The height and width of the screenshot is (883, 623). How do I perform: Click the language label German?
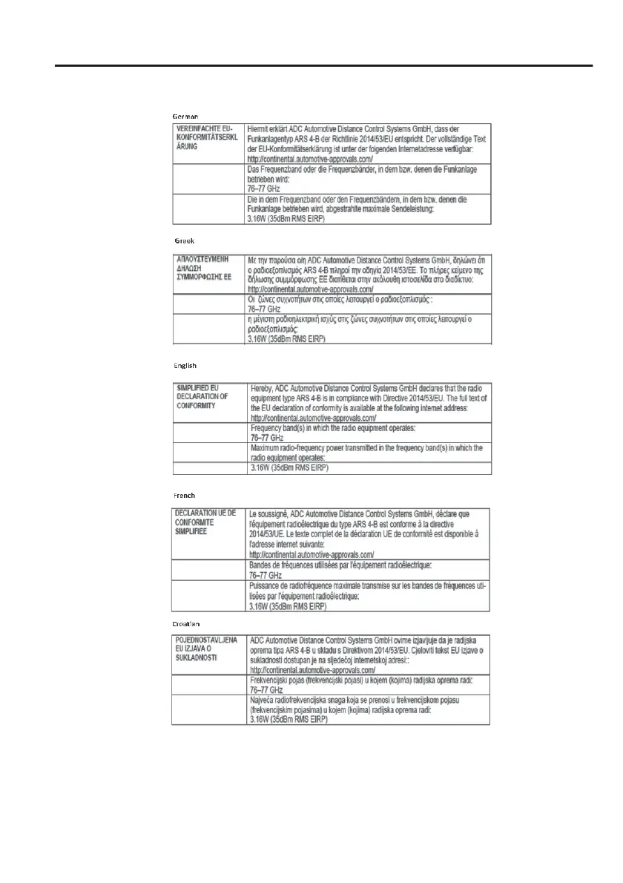[185, 116]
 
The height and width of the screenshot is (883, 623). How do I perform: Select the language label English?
[185, 366]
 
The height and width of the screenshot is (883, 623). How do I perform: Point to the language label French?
[184, 495]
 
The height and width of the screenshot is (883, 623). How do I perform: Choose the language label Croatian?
[187, 624]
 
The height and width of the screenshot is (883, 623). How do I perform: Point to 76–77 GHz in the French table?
[265, 575]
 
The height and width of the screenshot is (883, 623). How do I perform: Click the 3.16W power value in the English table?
[289, 468]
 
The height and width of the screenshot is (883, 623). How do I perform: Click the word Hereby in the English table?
[263, 387]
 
